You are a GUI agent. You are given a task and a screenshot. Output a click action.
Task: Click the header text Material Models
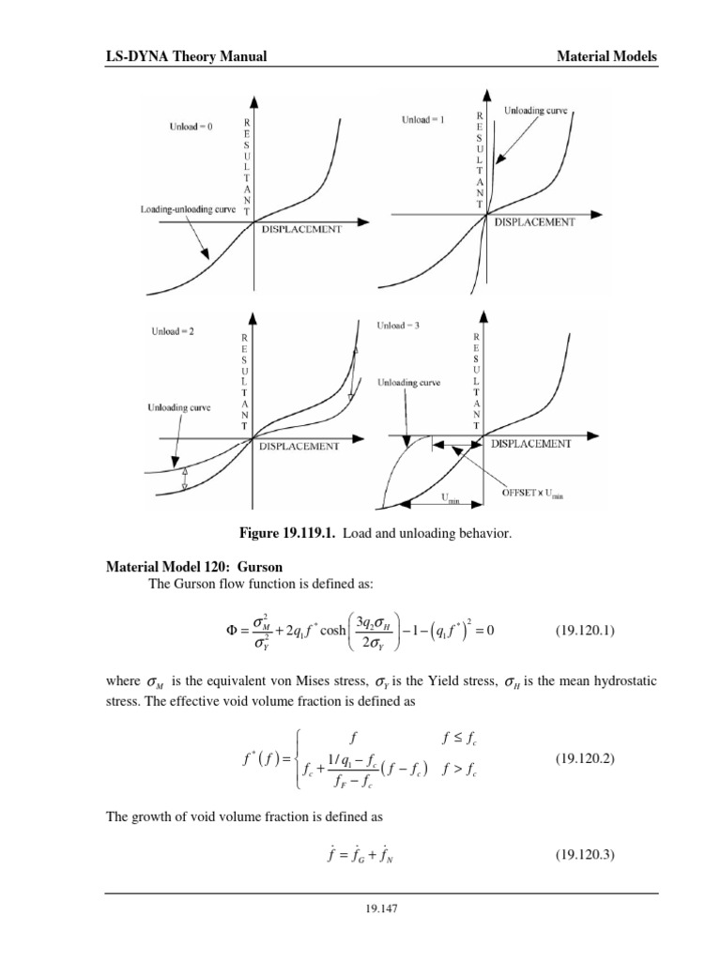[606, 57]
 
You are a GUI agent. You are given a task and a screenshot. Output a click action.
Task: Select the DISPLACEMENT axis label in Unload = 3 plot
[530, 443]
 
